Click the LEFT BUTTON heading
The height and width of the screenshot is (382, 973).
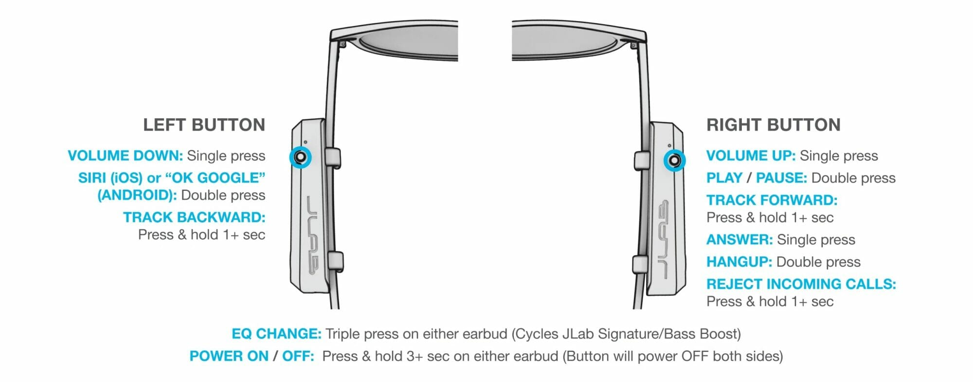tap(204, 125)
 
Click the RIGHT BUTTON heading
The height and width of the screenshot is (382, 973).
tap(773, 125)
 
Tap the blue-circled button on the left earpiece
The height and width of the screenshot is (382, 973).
tap(300, 157)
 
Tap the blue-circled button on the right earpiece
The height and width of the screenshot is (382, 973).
tap(675, 160)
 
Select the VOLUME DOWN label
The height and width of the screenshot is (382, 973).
tap(125, 156)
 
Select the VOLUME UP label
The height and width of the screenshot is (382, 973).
tap(751, 156)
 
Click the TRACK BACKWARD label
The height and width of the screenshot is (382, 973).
tap(194, 218)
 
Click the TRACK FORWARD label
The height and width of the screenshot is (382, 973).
tap(772, 200)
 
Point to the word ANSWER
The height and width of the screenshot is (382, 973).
tap(739, 240)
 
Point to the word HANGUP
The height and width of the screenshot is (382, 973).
tap(739, 262)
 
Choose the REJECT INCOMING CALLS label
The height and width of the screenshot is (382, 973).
tap(801, 284)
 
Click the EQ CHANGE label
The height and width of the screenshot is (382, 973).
tap(276, 334)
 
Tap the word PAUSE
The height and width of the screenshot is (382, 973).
tap(781, 178)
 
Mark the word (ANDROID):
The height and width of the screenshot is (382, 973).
tap(137, 196)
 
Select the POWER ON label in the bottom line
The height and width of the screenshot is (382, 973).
tap(229, 356)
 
